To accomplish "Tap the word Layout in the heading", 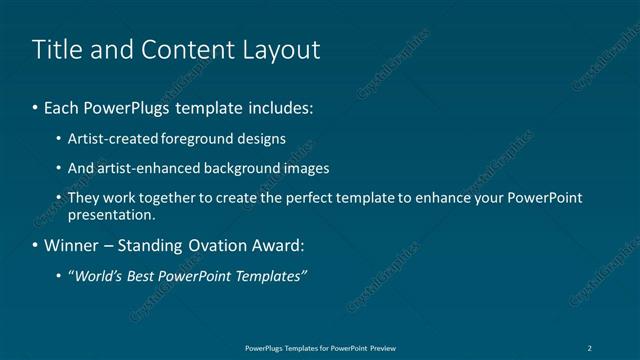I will point(282,49).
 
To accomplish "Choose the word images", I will point(304,169).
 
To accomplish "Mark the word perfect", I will point(306,198).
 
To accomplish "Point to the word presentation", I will point(110,215).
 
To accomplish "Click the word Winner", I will point(70,246).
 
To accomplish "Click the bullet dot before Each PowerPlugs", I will point(35,106).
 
